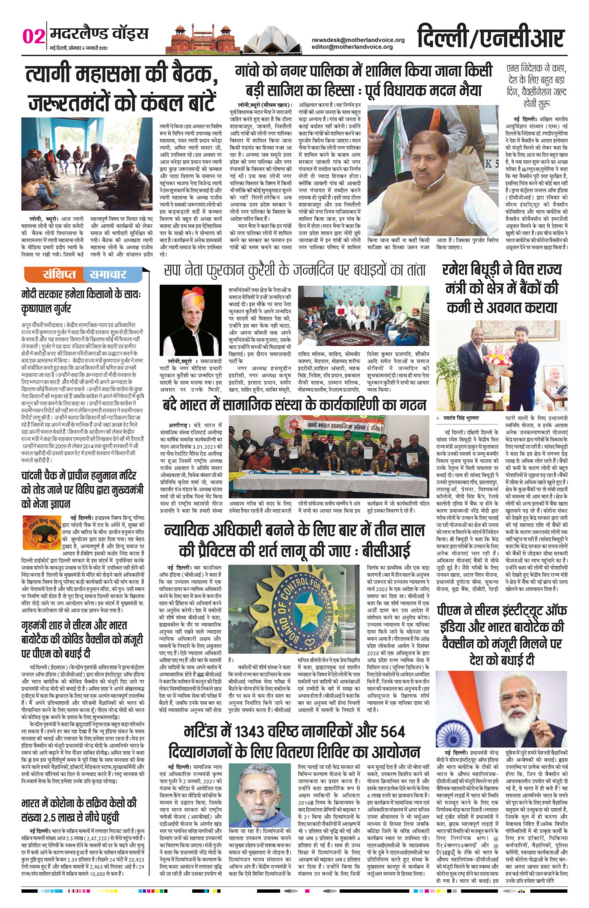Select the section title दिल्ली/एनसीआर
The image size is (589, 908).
[489, 36]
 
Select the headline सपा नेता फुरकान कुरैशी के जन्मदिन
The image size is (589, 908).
[294, 270]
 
